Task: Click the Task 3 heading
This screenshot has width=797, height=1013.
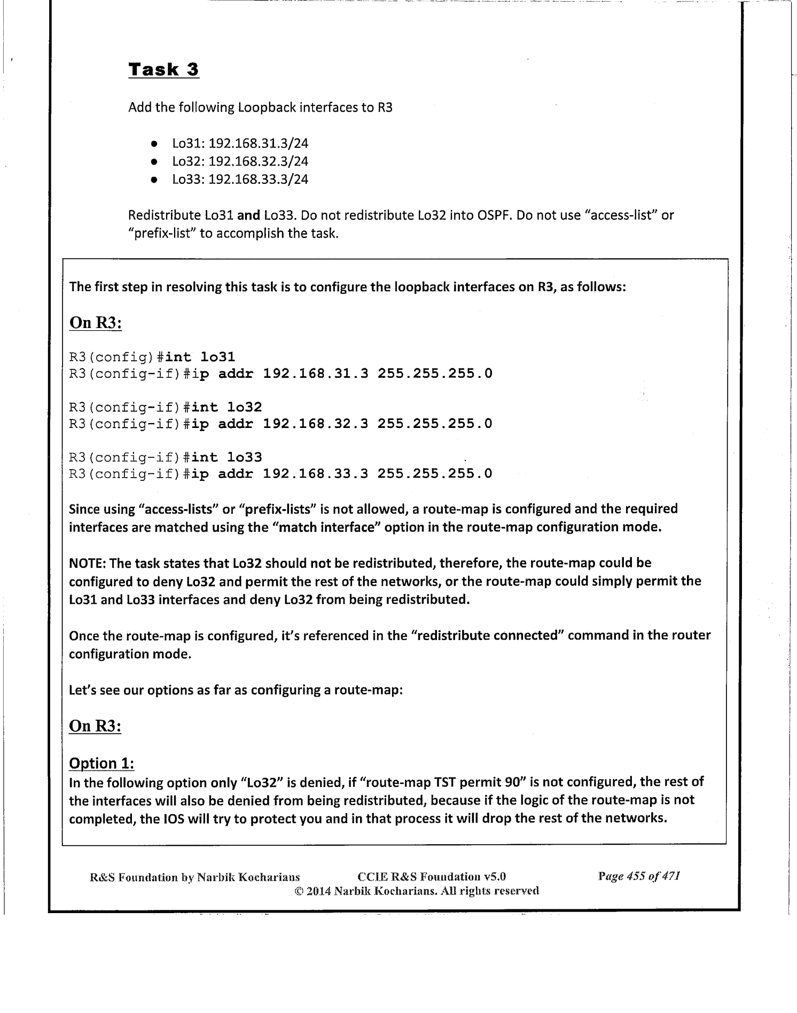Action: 163,69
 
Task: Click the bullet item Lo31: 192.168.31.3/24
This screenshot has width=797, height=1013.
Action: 240,144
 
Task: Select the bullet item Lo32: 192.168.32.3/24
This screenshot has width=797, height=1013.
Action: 240,161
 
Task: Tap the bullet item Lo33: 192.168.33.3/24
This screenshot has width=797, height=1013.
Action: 240,179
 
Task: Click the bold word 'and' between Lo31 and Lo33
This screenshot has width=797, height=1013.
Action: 248,216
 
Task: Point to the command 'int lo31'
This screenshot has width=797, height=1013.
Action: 200,357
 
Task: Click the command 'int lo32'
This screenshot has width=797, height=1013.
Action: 227,407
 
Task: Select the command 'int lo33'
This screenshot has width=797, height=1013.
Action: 227,457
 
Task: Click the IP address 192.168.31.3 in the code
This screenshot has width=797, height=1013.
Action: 316,373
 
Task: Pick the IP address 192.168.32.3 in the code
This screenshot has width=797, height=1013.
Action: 316,424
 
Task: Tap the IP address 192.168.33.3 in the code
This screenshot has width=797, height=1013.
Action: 316,474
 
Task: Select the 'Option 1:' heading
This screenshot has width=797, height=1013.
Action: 101,763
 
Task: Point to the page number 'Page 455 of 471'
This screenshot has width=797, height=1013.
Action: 639,876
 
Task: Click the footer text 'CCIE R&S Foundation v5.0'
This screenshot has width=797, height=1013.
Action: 432,877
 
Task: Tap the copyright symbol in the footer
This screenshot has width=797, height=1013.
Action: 299,891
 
